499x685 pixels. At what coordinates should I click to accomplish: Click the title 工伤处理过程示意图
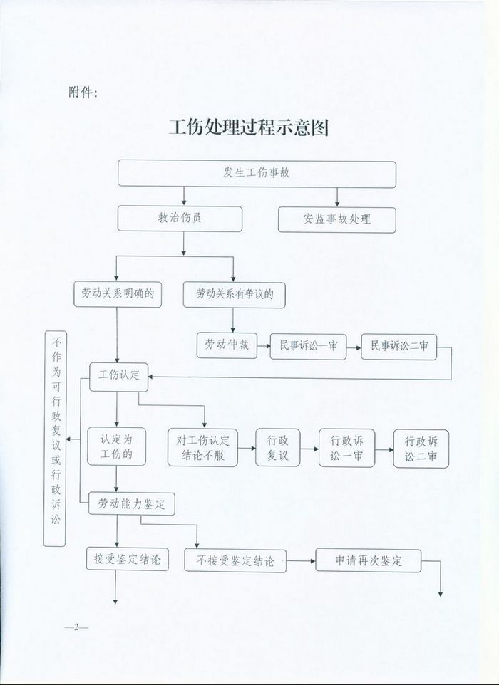coord(248,127)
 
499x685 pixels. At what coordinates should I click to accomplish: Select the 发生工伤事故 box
coord(257,174)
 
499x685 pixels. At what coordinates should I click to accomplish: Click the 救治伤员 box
coord(180,219)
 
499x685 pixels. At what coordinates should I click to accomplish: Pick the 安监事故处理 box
coord(336,220)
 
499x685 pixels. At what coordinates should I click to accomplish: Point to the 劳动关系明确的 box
coord(118,294)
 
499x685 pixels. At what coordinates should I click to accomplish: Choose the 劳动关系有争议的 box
coord(235,295)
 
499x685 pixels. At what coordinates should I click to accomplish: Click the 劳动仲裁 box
coord(227,345)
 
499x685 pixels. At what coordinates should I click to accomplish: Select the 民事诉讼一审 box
coord(308,347)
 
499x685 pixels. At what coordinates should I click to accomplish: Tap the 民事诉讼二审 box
coord(399,347)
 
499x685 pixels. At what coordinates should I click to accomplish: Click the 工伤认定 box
coord(119,377)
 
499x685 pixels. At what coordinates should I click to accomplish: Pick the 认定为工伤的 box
coord(116,446)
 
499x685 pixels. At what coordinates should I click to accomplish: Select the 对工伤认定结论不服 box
coord(202,447)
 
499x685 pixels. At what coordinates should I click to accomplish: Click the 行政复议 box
coord(278,448)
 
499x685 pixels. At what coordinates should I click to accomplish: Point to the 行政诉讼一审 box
coord(347,448)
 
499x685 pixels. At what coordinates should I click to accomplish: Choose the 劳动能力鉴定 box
coord(132,504)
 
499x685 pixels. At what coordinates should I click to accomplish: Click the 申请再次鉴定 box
coord(369,560)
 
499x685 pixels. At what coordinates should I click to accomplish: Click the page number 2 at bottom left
coord(76,627)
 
